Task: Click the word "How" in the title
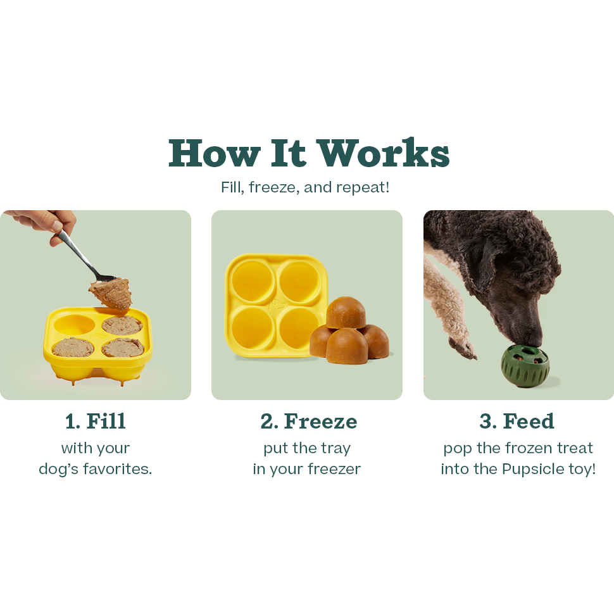click(214, 153)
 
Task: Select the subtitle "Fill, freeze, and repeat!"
click(305, 188)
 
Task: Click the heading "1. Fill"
click(96, 421)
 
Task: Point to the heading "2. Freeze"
click(308, 421)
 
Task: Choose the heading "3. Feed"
click(517, 421)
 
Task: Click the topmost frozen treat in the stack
click(342, 311)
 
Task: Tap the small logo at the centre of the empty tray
click(273, 304)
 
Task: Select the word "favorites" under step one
click(119, 470)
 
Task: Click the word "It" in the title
click(289, 153)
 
